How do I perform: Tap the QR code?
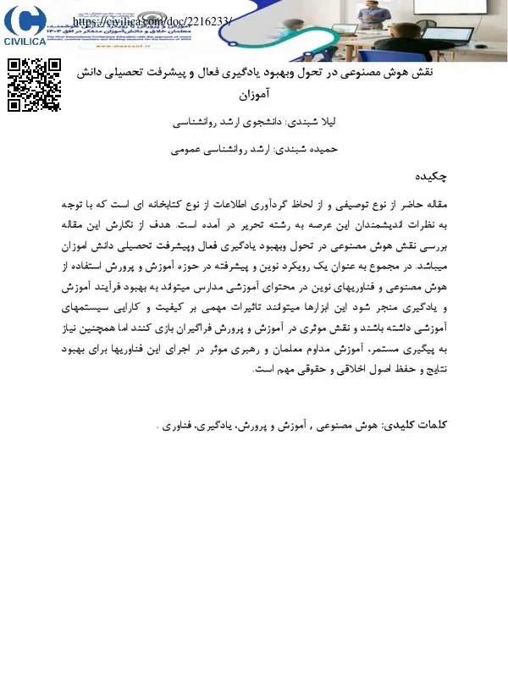point(35,85)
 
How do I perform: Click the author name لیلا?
point(321,123)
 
